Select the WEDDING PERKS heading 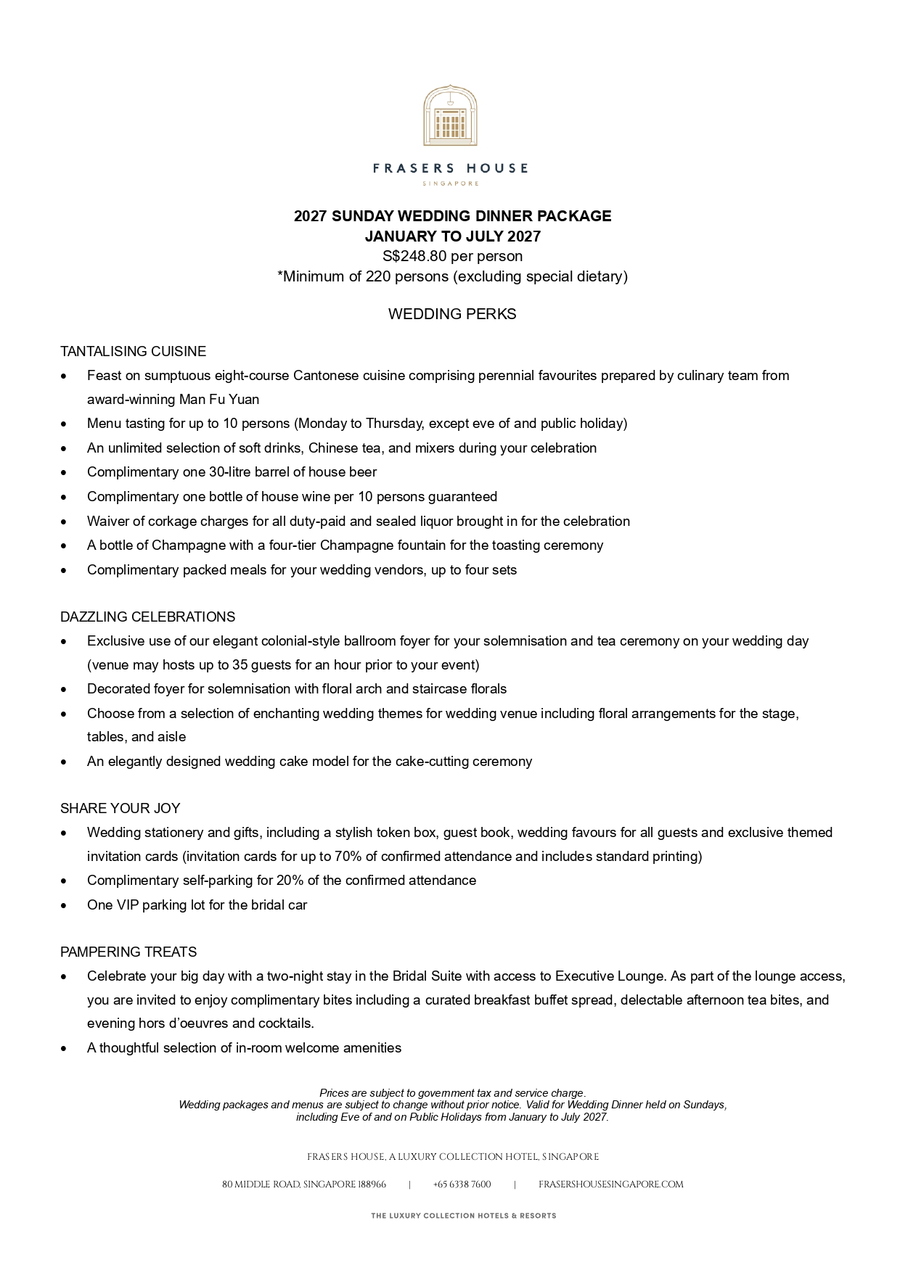(452, 314)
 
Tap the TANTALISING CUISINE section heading (133, 352)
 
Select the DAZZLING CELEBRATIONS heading (147, 617)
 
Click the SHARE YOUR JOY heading (120, 809)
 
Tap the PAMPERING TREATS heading (128, 952)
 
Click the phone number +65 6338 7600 (462, 1185)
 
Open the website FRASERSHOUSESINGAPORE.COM (610, 1185)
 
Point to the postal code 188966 (372, 1185)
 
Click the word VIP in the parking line (127, 905)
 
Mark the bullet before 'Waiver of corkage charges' (65, 522)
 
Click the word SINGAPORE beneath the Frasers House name (450, 184)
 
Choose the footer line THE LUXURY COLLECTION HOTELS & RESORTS (463, 1216)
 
